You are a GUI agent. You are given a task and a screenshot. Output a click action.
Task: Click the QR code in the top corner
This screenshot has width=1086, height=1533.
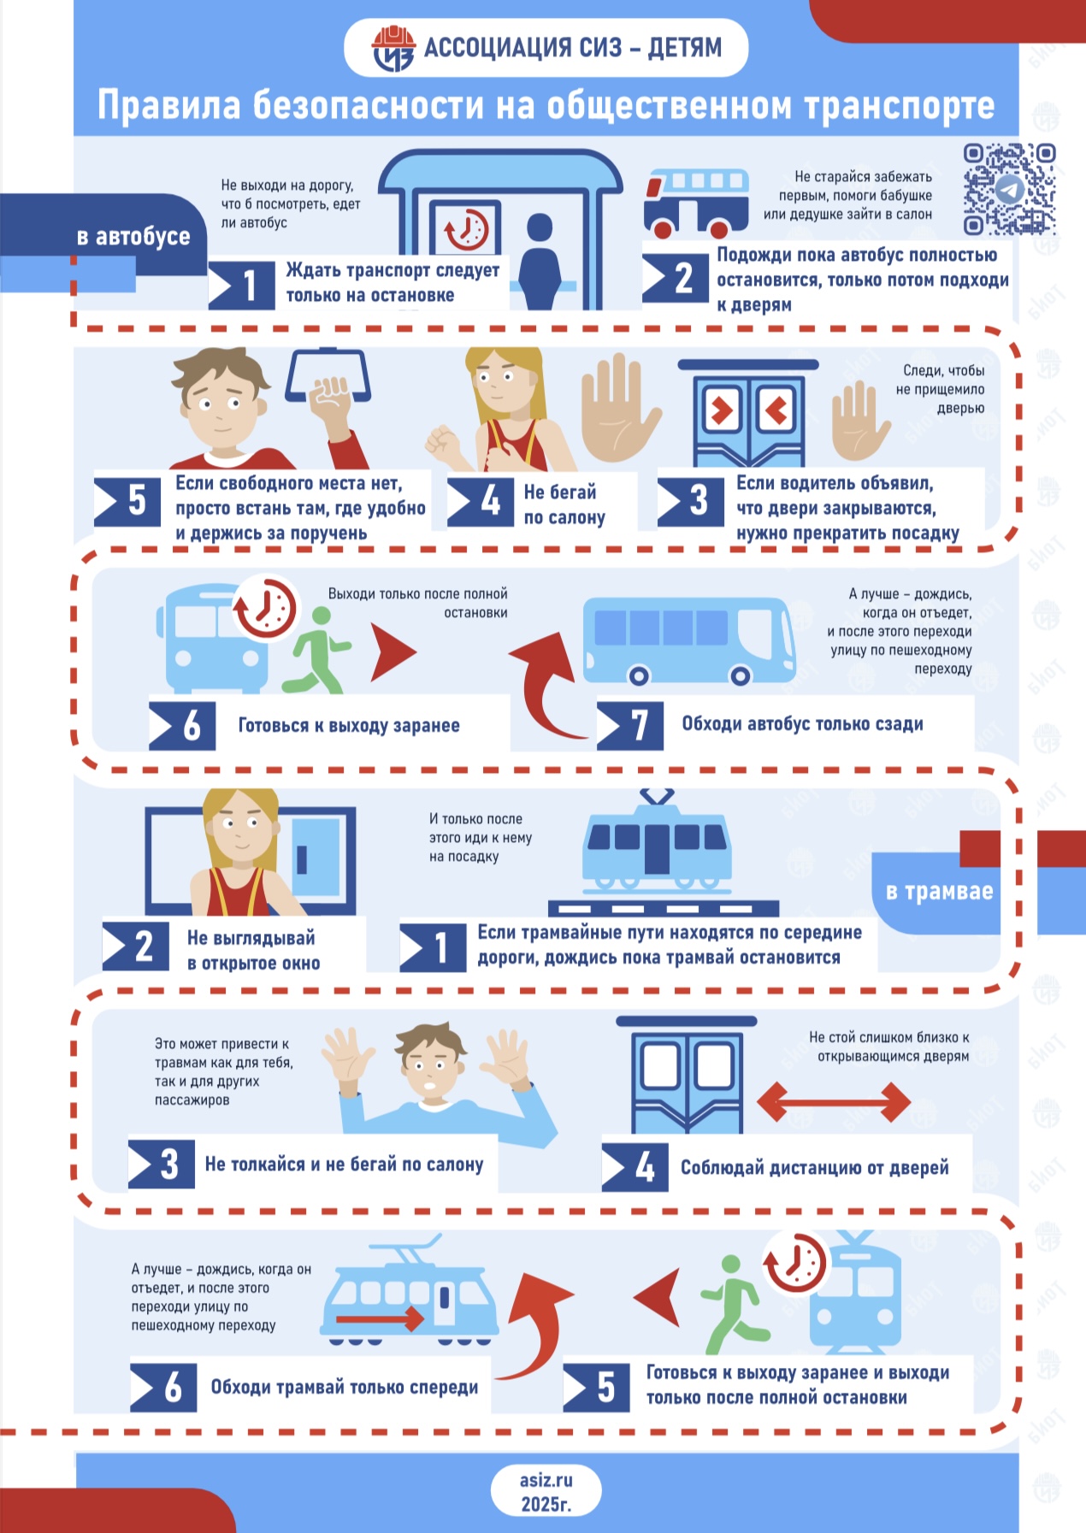click(x=1009, y=189)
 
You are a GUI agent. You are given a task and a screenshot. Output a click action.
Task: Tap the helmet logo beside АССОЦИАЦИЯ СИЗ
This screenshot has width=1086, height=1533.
click(x=393, y=48)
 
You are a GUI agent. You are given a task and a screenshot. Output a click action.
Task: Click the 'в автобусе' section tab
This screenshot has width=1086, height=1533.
click(x=133, y=236)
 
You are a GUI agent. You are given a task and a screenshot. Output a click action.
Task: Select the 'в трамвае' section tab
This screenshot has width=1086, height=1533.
click(x=939, y=891)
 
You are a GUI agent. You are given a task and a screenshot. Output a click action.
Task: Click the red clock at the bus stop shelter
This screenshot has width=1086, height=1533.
click(x=465, y=228)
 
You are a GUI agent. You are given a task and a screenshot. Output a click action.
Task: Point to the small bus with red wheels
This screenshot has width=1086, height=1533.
click(x=696, y=203)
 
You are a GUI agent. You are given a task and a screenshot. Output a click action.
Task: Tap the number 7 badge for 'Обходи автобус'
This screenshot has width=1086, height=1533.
click(x=630, y=725)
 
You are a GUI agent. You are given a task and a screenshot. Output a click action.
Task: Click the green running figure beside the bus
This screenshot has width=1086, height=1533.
click(x=315, y=650)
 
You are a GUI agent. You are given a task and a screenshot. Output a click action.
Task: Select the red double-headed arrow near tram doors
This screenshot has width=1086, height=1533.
click(x=834, y=1101)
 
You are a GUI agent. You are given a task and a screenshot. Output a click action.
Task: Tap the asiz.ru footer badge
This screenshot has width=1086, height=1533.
click(x=546, y=1492)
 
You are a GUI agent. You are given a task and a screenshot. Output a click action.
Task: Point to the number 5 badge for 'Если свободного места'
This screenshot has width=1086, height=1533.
click(x=127, y=501)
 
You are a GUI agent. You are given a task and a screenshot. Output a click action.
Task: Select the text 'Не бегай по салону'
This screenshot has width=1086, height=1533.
click(x=564, y=504)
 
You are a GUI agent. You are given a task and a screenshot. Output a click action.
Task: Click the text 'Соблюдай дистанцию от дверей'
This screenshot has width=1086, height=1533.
click(x=814, y=1168)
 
